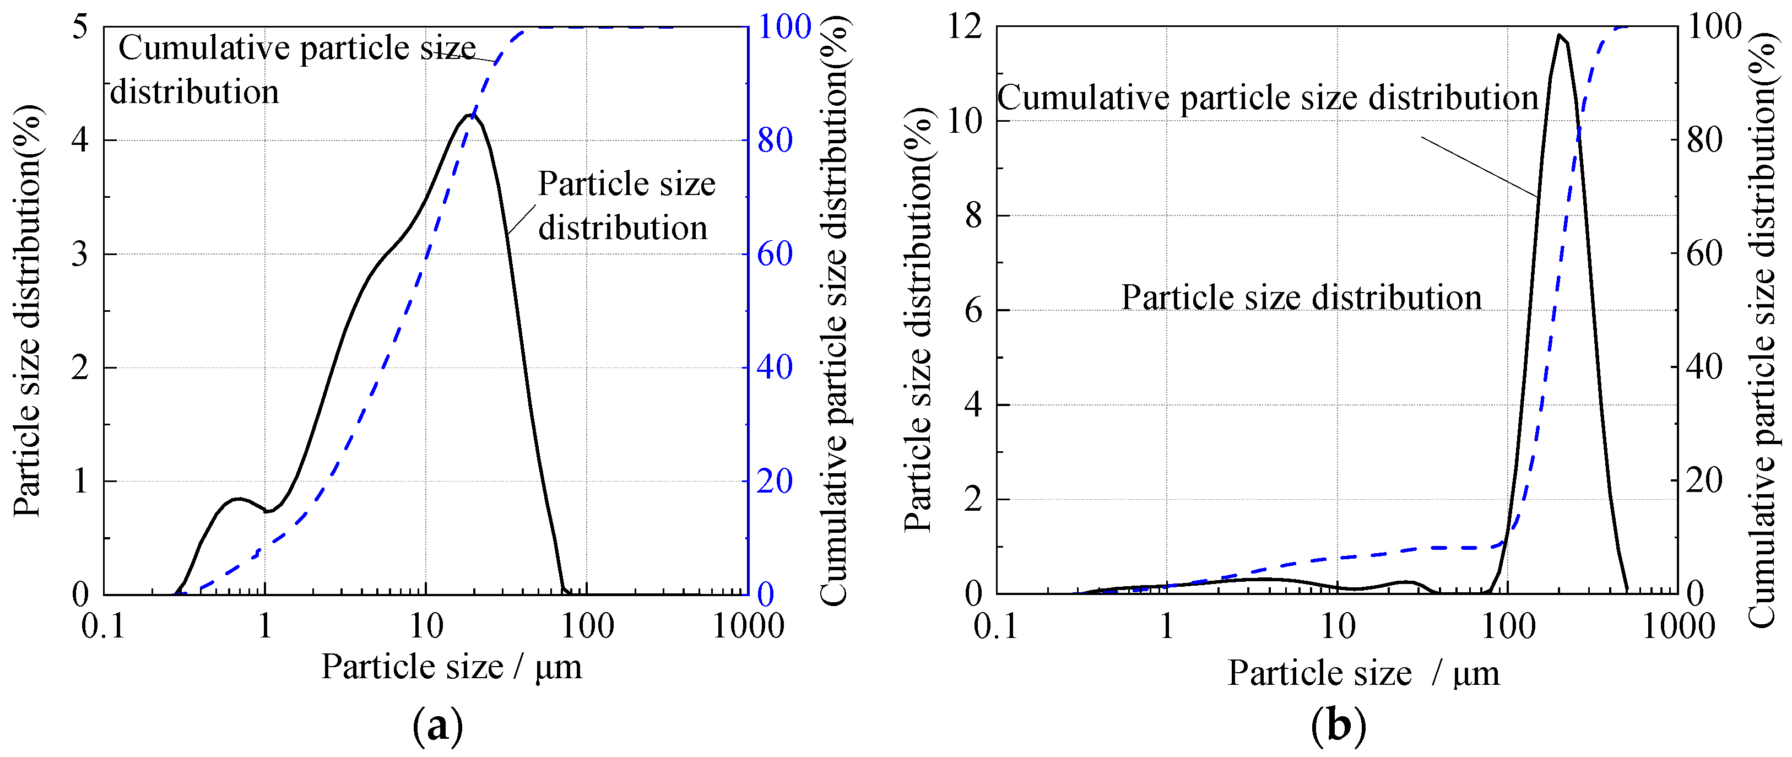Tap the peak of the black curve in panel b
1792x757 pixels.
coord(1560,35)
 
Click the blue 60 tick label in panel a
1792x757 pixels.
coord(775,254)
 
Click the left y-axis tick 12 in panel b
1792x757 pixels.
coord(965,28)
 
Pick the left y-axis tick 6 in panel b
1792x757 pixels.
coord(974,310)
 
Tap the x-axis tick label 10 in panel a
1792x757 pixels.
coord(426,627)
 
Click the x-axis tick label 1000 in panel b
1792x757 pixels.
coord(1678,627)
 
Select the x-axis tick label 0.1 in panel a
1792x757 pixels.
coord(104,627)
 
